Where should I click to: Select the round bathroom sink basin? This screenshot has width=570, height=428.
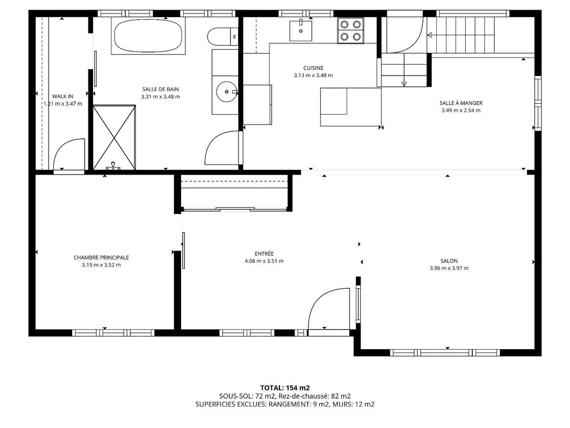point(227,91)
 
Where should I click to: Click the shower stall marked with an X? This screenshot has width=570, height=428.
point(114,137)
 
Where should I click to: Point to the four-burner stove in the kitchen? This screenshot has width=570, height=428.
point(350,30)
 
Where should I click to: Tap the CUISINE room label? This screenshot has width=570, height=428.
point(313,68)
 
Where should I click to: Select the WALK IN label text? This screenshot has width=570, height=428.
point(62,97)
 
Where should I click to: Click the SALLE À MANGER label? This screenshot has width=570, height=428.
point(461,103)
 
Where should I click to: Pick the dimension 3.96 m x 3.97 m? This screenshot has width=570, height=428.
point(449,268)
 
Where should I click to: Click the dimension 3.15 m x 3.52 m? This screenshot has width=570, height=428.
point(101,265)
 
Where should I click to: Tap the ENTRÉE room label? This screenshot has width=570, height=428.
point(264,253)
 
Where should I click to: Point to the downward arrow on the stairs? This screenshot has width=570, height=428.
point(404,84)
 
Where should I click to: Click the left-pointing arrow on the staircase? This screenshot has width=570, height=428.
point(430,35)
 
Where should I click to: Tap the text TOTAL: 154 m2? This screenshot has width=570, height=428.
point(285,388)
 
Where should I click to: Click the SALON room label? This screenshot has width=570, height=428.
point(449,261)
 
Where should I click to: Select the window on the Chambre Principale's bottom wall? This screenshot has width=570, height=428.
point(113,333)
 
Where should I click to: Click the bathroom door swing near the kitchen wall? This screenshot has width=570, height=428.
point(220,148)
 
